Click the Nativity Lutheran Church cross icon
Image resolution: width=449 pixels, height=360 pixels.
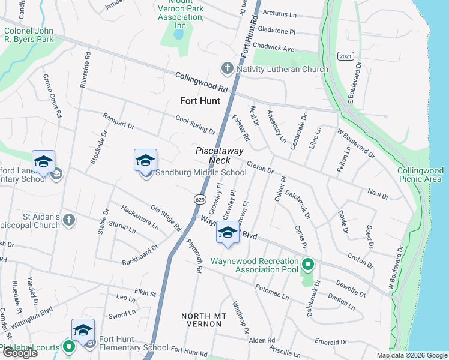(228, 68)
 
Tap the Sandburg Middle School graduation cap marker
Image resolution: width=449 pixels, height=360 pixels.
(145, 161)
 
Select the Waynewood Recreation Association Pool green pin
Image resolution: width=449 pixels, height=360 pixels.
(308, 264)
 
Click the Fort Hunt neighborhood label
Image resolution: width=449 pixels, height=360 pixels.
(201, 101)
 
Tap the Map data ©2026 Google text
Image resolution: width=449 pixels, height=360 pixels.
(411, 355)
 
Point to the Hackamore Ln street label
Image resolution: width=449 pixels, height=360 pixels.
(139, 217)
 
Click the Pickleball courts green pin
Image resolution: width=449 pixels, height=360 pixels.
(69, 347)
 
